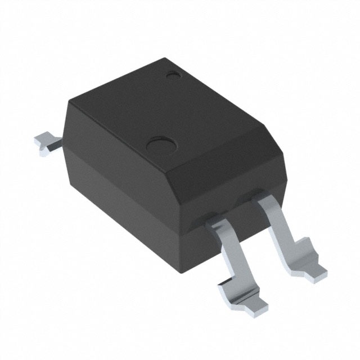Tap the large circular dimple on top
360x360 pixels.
159,145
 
